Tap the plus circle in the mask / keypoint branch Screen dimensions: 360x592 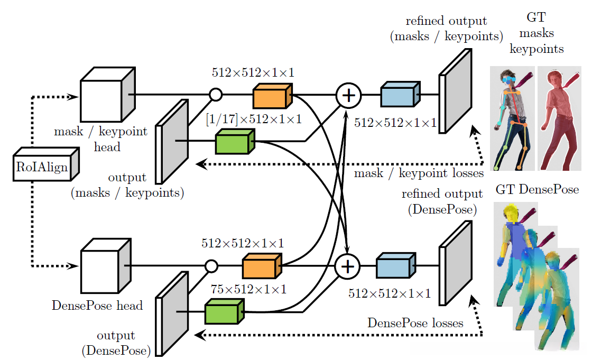(348, 95)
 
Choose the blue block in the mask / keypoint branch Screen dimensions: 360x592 (400, 95)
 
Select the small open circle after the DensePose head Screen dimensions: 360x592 (211, 265)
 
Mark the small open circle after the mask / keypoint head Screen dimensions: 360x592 (215, 95)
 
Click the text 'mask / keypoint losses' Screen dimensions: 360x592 (419, 173)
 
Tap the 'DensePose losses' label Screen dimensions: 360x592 (415, 322)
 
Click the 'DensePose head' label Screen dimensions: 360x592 (97, 305)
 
